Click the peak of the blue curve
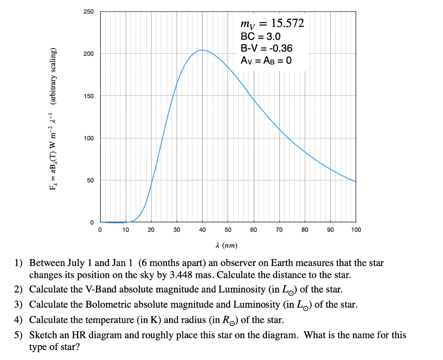(202, 50)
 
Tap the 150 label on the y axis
(88, 96)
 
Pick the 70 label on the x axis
(279, 230)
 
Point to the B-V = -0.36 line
(266, 48)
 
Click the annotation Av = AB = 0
(266, 60)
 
